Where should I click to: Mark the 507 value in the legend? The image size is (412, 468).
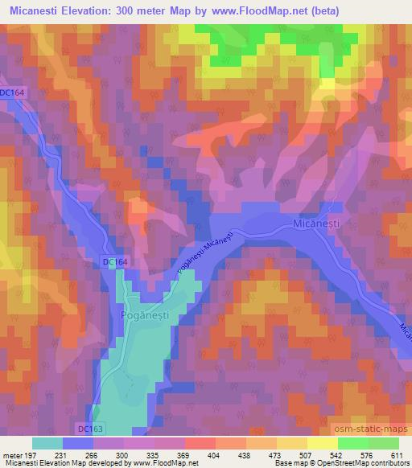click(x=303, y=454)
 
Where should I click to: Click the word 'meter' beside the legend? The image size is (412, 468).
click(x=13, y=454)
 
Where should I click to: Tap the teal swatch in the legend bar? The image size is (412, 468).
click(x=48, y=443)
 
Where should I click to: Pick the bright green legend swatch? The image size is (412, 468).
click(x=351, y=443)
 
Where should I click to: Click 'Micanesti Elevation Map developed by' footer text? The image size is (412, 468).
click(x=56, y=463)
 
